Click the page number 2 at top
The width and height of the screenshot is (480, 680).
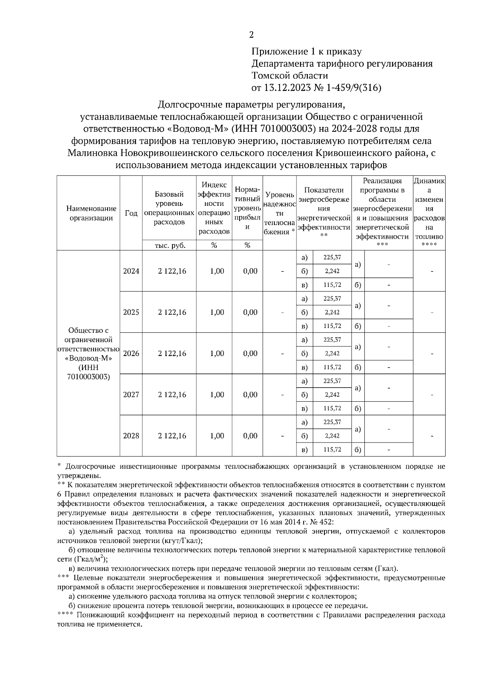tap(251, 35)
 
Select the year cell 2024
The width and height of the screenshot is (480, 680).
tap(131, 271)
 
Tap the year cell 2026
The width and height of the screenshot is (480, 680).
tap(131, 354)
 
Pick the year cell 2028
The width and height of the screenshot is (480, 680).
tap(131, 436)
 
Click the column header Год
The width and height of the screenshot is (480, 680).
tap(131, 213)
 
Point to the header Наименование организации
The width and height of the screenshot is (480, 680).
tap(88, 213)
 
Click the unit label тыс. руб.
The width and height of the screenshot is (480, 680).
tap(170, 246)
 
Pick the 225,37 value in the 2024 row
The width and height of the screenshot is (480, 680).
tap(332, 258)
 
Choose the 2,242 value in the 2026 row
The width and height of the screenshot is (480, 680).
tap(332, 354)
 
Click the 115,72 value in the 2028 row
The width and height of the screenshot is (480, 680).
tap(332, 449)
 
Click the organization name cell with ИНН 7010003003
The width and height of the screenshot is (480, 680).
tap(88, 354)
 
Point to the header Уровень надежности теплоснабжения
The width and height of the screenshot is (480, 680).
tap(280, 213)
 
